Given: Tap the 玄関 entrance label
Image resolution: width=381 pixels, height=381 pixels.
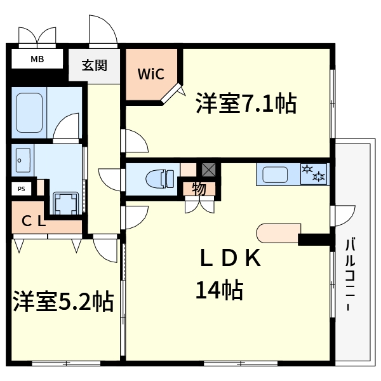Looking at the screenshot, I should [x=94, y=65].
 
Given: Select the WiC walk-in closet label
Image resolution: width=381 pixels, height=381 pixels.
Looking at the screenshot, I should [x=152, y=74].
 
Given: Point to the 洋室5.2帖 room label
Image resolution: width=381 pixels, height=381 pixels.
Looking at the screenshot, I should [x=63, y=301].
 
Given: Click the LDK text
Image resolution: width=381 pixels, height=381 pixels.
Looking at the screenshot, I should [x=231, y=259].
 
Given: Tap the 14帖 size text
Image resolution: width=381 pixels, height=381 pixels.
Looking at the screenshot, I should [x=219, y=290].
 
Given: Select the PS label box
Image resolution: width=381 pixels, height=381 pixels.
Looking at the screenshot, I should [x=22, y=189].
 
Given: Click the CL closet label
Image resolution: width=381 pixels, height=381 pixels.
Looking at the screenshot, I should [x=34, y=222].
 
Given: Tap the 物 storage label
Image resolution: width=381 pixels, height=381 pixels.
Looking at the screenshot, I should [x=199, y=189].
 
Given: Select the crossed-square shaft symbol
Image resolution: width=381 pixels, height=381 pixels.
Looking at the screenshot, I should [x=208, y=170].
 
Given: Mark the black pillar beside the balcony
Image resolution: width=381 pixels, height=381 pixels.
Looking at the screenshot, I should [x=315, y=240].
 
